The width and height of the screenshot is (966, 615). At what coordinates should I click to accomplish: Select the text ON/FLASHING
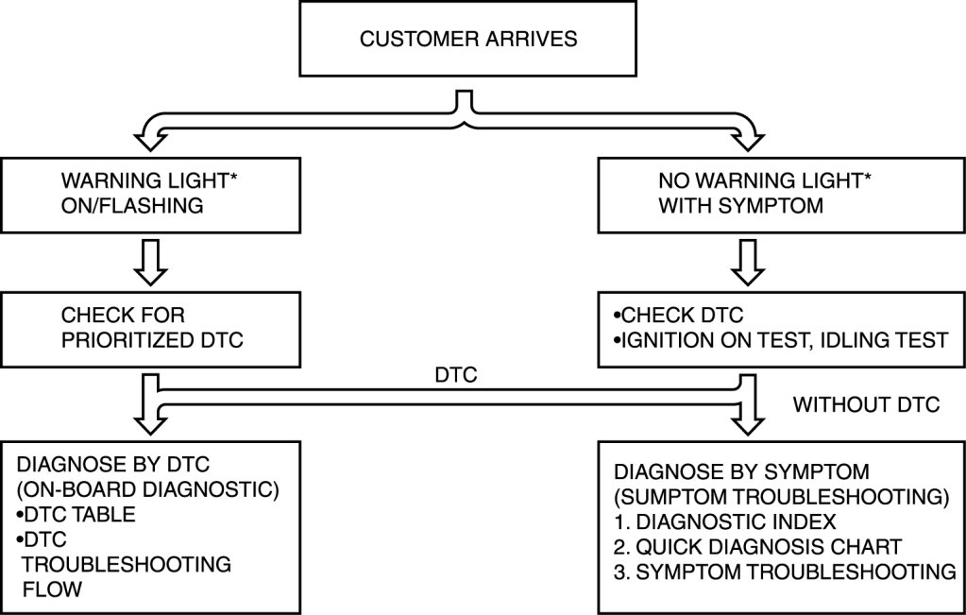132,205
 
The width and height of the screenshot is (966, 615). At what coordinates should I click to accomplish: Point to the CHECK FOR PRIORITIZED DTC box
151,327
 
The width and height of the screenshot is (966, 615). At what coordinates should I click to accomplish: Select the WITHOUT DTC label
866,405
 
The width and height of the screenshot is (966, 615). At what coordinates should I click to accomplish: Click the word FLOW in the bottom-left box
54,589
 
